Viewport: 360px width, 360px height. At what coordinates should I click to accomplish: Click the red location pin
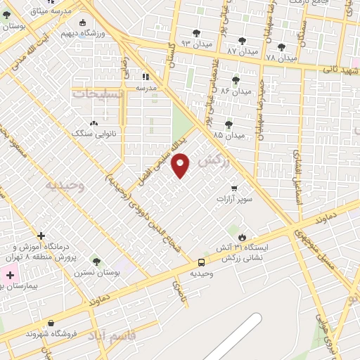click(x=181, y=165)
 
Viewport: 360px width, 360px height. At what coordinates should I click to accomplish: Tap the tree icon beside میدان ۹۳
click(x=195, y=33)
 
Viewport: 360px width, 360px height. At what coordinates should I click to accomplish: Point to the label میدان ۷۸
click(x=281, y=57)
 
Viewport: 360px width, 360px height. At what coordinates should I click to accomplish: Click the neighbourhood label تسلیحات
click(x=98, y=93)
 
